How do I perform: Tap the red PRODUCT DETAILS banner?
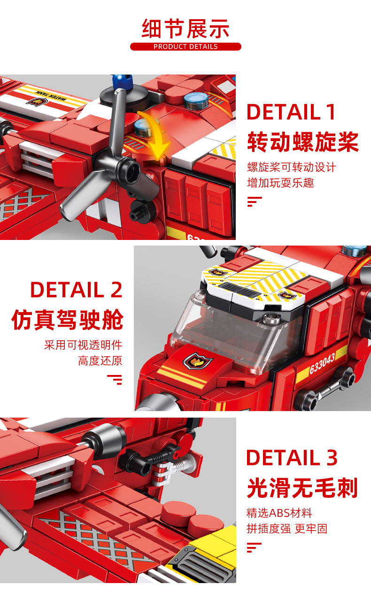(x=185, y=47)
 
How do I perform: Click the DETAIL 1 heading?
(x=291, y=112)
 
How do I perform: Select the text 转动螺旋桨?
(x=302, y=142)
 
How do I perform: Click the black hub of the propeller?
(x=129, y=168)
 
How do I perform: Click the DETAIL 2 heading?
(x=76, y=290)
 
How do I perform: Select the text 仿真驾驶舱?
(x=67, y=320)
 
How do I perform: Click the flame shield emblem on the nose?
(x=198, y=360)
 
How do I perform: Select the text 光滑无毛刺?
(x=302, y=488)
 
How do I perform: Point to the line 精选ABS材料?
(x=279, y=513)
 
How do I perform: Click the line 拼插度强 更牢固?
(x=287, y=529)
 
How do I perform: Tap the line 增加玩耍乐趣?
(x=280, y=183)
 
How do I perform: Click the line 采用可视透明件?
(x=83, y=345)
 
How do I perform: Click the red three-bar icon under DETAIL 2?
(x=115, y=379)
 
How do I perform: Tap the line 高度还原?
(x=100, y=361)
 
